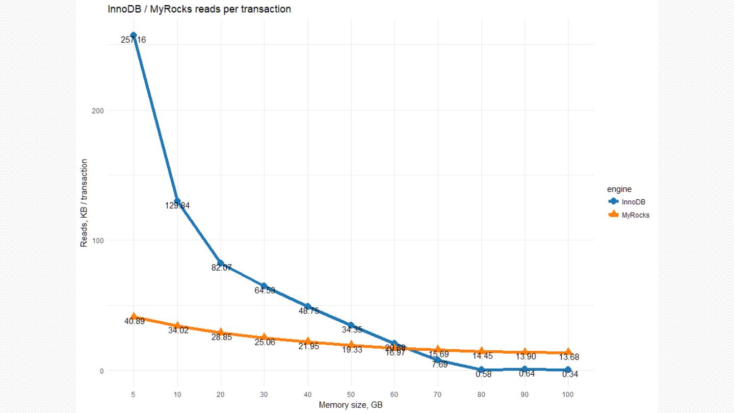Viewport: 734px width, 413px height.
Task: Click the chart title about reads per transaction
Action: pos(199,9)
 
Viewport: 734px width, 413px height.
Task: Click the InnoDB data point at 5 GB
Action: pos(134,35)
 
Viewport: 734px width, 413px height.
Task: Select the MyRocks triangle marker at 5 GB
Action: pos(134,317)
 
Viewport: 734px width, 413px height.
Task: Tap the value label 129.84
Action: pos(177,206)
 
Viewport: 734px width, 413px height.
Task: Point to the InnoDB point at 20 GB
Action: pos(220,263)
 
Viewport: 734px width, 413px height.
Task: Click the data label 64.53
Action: pos(265,291)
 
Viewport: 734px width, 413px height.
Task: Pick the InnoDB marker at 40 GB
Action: pos(307,306)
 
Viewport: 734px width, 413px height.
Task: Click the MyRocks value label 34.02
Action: pos(178,330)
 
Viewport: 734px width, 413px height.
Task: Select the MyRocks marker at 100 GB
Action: pos(568,352)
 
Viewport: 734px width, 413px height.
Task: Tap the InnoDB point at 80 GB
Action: pos(481,370)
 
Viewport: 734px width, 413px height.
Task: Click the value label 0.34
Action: pos(570,375)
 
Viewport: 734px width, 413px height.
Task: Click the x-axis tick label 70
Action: pos(437,395)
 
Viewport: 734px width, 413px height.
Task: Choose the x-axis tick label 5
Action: pos(134,395)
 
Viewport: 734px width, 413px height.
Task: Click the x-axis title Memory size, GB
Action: pos(351,405)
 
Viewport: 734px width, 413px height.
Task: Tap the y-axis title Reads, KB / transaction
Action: pos(84,203)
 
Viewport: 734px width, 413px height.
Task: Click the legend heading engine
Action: pos(619,189)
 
